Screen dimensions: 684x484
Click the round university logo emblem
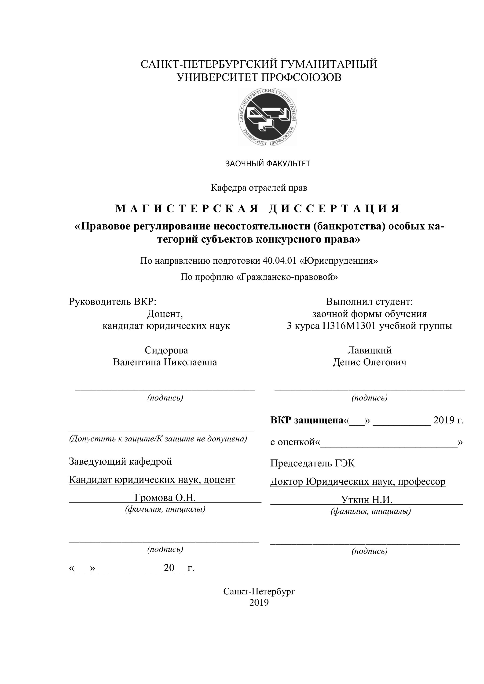[268, 117]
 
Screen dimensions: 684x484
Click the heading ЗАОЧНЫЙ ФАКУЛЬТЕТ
[268, 164]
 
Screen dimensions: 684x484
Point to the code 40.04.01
[279, 261]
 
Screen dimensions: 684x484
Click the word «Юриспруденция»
[339, 261]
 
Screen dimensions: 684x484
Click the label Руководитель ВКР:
[113, 302]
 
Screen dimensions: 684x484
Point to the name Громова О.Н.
[165, 498]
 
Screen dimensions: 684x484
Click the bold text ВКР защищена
[307, 420]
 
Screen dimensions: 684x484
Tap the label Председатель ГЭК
[313, 463]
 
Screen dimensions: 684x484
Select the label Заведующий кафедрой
[120, 462]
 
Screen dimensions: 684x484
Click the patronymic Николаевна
[191, 362]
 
